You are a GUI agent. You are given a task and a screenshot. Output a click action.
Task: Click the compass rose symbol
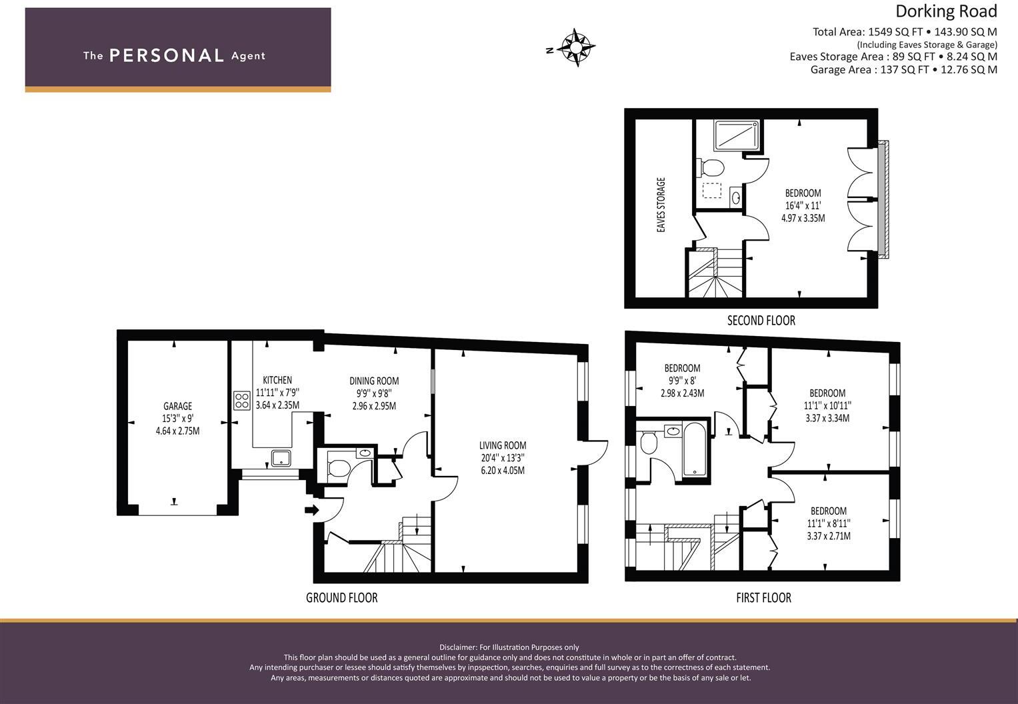click(x=576, y=47)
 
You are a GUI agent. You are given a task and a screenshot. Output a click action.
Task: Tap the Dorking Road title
click(x=945, y=11)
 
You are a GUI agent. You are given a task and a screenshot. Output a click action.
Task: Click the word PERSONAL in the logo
click(x=166, y=55)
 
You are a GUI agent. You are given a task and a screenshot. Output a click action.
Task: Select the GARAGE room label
click(x=177, y=406)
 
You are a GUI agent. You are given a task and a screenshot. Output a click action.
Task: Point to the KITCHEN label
click(x=277, y=380)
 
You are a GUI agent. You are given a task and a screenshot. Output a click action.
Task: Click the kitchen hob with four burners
click(x=242, y=401)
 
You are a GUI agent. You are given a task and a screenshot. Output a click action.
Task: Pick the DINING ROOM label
click(x=374, y=381)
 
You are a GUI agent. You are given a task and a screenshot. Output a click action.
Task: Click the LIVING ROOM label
click(x=503, y=445)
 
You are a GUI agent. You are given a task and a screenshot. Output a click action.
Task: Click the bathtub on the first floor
click(x=695, y=449)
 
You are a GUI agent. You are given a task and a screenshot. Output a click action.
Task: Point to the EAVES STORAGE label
click(x=661, y=205)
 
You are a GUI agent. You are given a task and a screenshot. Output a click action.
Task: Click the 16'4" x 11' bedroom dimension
click(x=803, y=206)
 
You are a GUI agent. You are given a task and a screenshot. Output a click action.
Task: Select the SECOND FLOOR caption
click(x=761, y=321)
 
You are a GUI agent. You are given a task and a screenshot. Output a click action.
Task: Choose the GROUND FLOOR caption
click(x=341, y=598)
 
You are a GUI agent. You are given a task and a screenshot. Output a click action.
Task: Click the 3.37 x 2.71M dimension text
click(x=828, y=536)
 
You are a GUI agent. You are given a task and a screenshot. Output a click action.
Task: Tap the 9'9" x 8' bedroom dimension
click(x=682, y=381)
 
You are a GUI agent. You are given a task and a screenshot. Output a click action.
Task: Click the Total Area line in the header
click(x=904, y=31)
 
